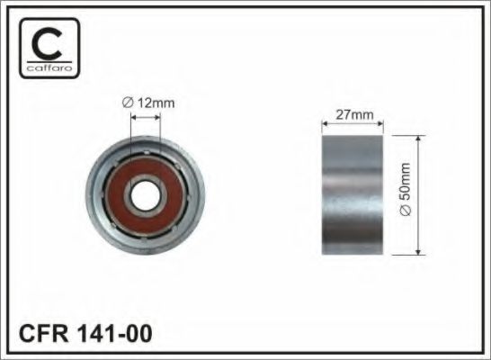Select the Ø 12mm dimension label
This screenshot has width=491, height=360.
(x=149, y=102)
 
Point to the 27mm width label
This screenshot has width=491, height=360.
(x=352, y=115)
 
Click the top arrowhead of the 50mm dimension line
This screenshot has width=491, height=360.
(x=418, y=139)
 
